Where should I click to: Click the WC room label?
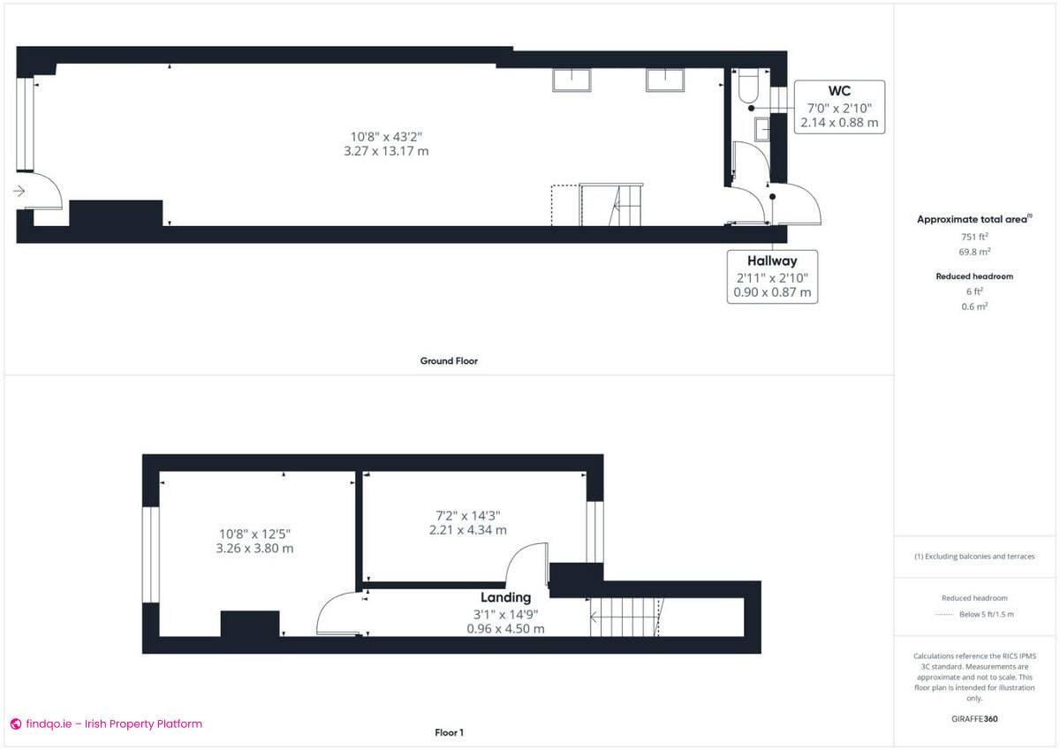click(x=839, y=90)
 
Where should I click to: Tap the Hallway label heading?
click(x=772, y=261)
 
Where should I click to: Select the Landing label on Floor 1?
click(x=505, y=597)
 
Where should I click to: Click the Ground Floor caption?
click(x=449, y=360)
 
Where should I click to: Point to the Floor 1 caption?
click(x=449, y=732)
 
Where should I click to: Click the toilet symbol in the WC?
click(x=748, y=87)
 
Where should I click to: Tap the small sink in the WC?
click(x=761, y=131)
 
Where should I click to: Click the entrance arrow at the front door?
click(x=19, y=190)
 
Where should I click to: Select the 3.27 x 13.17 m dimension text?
click(x=386, y=151)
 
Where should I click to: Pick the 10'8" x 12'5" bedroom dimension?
click(x=254, y=533)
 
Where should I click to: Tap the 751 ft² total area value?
click(x=974, y=237)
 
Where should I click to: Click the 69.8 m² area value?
click(x=974, y=251)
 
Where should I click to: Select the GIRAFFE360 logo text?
click(x=974, y=719)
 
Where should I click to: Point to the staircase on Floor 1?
click(x=625, y=616)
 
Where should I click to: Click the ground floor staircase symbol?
click(x=611, y=205)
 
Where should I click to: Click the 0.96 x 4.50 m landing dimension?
click(x=505, y=629)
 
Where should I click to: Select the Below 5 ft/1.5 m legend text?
click(x=987, y=614)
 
